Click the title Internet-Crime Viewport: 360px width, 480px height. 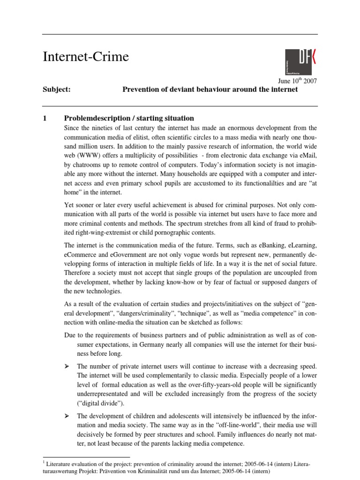pos(85,57)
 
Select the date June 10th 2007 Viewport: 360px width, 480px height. pos(298,81)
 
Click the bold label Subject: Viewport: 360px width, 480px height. pos(56,90)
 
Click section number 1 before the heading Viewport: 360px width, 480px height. pos(45,119)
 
